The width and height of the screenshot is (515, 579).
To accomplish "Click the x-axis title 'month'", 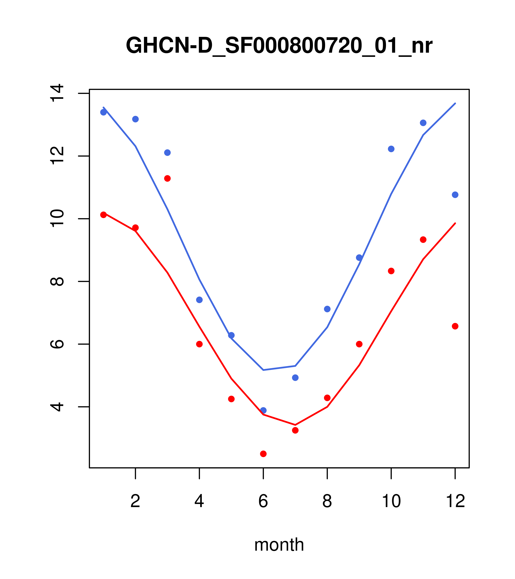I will click(279, 545).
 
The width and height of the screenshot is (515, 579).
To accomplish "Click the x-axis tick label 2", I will click(136, 501).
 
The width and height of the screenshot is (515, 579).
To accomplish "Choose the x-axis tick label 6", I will click(263, 501).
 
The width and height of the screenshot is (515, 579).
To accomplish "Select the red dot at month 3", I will click(168, 178).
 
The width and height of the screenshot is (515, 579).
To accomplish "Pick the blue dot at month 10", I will click(391, 149).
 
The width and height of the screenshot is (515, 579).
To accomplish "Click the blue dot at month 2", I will click(136, 119).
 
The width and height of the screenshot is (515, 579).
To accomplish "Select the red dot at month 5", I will click(231, 399).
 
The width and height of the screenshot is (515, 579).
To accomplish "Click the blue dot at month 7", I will click(295, 378).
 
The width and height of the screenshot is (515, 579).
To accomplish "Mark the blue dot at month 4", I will click(200, 300).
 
